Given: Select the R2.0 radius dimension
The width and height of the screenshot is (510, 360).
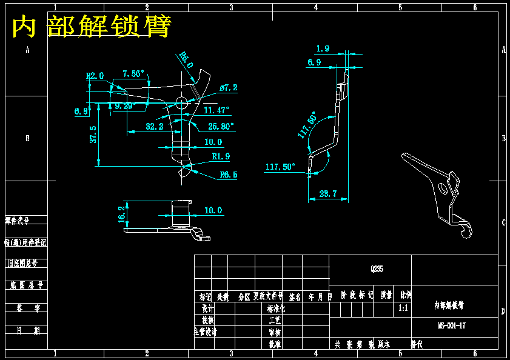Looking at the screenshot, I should (95, 76).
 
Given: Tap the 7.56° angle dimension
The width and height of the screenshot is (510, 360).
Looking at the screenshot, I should (133, 74).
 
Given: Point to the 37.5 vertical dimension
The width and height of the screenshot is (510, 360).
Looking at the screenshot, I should (93, 134).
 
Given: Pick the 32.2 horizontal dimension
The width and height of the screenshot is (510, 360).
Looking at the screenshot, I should (155, 127).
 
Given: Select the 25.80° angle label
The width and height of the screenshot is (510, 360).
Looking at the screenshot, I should (221, 127).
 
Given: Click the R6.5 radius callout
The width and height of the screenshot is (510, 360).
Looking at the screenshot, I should (228, 175).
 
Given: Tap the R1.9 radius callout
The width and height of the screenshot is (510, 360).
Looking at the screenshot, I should (221, 156).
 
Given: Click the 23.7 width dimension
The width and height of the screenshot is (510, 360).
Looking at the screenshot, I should (327, 193).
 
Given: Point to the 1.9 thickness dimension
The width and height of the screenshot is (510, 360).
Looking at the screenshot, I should (323, 48).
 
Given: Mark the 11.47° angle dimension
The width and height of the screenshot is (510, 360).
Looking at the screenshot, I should (216, 110).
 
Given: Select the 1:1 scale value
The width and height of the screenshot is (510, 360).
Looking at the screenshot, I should (403, 308).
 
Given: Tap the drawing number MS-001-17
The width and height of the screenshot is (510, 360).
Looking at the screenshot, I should (452, 325).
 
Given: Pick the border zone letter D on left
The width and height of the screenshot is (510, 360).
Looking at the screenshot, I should (27, 312).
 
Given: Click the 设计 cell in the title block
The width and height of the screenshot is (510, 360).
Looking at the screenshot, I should (208, 308).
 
